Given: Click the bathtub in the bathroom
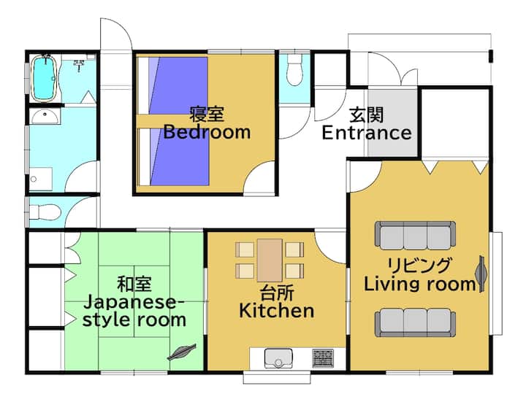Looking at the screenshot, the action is tap(44, 78).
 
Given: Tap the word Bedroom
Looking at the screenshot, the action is tap(207, 132).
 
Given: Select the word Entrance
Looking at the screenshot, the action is tap(367, 133).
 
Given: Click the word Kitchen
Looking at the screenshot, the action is tap(277, 311).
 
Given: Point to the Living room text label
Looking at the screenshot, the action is tap(420, 285).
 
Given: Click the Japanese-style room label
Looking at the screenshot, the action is tap(134, 312).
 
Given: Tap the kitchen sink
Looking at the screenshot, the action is tap(278, 358).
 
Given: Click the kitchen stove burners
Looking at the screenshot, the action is tap(323, 357).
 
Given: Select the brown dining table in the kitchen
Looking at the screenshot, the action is tap(270, 260).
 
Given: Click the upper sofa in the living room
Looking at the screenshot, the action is tap(415, 236).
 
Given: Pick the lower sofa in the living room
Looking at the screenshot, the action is tap(415, 322).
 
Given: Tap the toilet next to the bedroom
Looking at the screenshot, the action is tap(295, 69).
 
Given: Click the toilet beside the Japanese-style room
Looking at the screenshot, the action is tap(45, 212).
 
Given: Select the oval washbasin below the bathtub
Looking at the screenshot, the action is tap(45, 116).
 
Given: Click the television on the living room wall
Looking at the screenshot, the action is tap(481, 274).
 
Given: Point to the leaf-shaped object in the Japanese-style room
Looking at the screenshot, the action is tap(181, 352).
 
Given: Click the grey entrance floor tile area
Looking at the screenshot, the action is tap(392, 122).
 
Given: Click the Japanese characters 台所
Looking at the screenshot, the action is tap(277, 293).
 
